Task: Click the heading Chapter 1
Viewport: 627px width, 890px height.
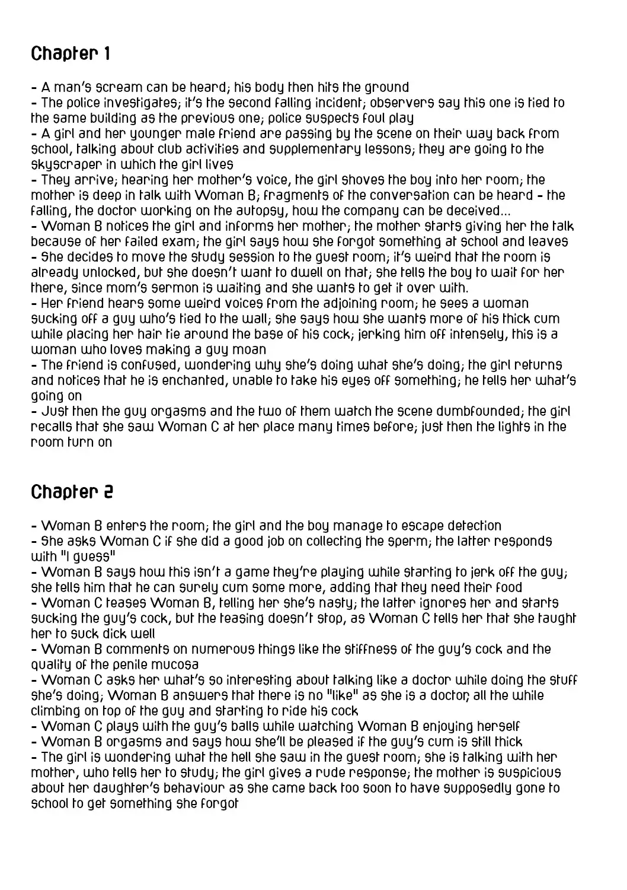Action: click(71, 54)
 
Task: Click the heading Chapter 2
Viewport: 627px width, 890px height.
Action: click(72, 492)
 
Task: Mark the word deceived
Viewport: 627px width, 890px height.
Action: click(472, 211)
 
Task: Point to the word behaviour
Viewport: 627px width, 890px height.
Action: click(174, 788)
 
